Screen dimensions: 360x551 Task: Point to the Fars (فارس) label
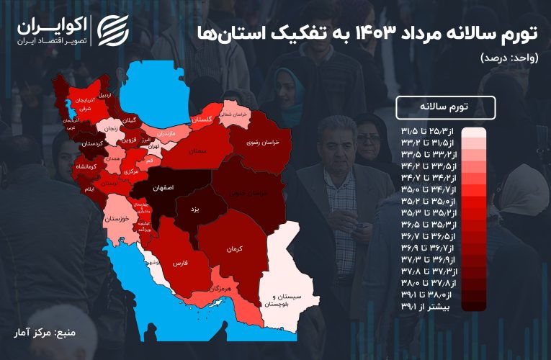pos(180,264)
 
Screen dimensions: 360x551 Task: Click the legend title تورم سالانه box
pos(446,107)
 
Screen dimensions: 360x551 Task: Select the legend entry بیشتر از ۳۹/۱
pos(434,307)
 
